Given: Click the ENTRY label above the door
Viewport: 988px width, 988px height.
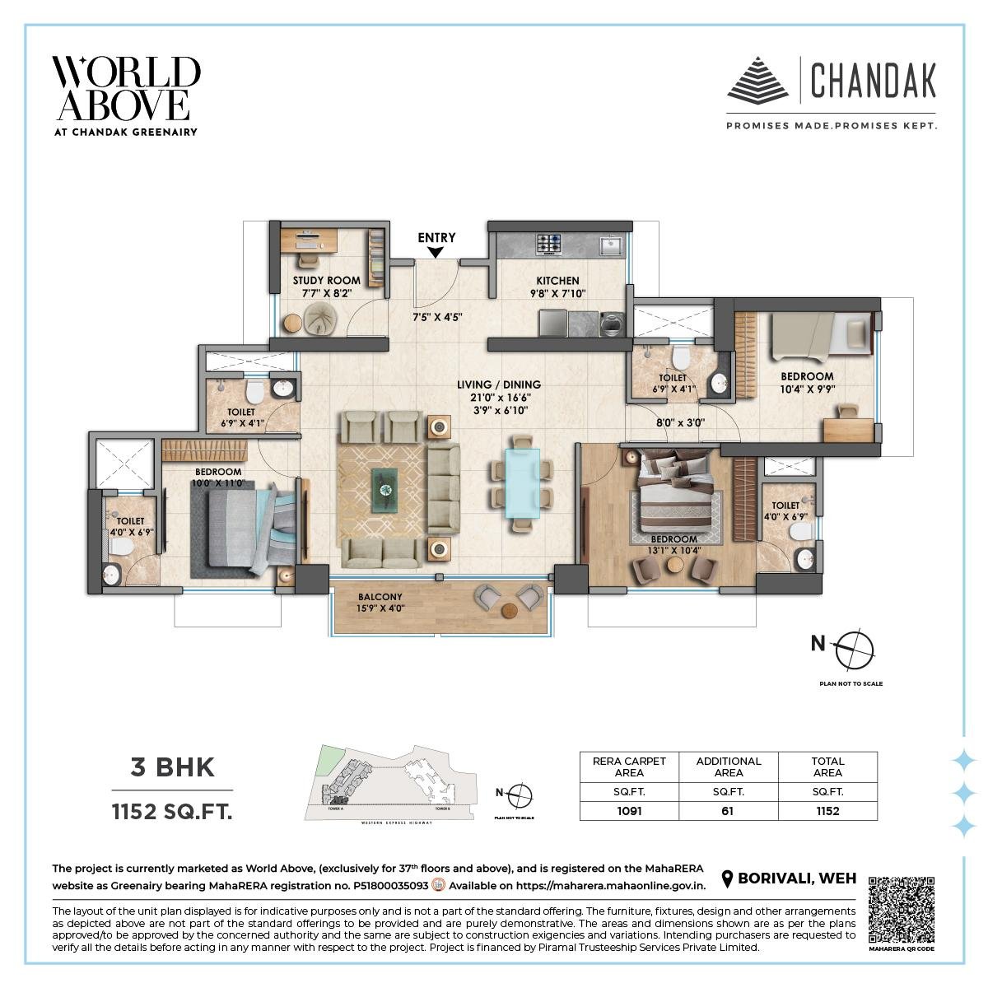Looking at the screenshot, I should [x=436, y=238].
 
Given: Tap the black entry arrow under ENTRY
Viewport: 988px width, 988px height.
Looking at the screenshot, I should [x=436, y=253].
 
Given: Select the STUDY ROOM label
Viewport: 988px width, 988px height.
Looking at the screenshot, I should [x=327, y=281].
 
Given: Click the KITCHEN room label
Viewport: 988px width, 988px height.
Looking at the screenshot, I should [x=557, y=281].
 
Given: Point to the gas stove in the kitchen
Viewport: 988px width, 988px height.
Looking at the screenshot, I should [x=549, y=243].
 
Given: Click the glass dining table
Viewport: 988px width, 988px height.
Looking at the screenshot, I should [x=521, y=482].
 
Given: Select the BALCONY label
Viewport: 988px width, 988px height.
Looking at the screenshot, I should [x=380, y=597].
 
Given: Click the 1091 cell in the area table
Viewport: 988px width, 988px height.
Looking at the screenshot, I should [x=629, y=811].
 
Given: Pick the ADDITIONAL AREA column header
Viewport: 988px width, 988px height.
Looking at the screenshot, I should [x=729, y=767].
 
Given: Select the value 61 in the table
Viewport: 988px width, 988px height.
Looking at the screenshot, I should [x=729, y=811].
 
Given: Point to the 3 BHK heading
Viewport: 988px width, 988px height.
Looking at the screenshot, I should [x=173, y=767].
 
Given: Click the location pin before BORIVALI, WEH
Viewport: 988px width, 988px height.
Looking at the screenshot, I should [x=727, y=879].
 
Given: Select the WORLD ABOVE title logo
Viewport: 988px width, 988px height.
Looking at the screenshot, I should [x=126, y=89].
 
